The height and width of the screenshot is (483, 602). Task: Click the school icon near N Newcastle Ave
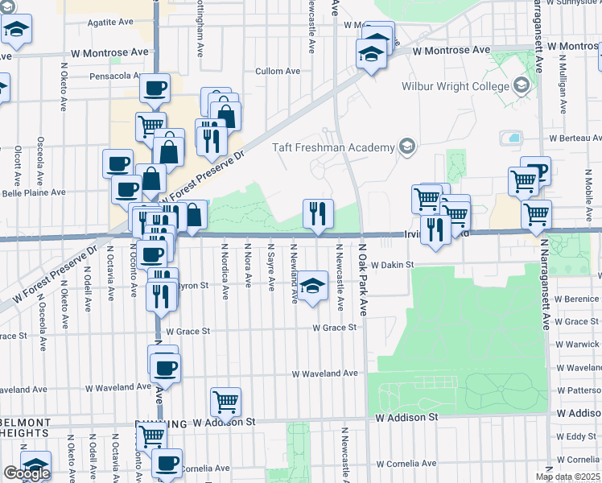pos(312,285)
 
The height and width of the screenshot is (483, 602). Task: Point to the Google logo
pos(27,473)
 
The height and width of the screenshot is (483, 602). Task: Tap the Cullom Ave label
pos(278,72)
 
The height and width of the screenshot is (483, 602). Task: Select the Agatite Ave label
pos(111,23)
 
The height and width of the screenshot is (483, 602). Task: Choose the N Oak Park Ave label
pos(363,279)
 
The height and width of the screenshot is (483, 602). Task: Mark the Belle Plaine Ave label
pos(34,193)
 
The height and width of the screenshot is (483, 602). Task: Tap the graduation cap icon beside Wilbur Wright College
pos(521,85)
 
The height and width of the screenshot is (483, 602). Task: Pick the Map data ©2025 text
pos(567,477)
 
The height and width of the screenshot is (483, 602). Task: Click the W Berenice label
pos(581,299)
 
